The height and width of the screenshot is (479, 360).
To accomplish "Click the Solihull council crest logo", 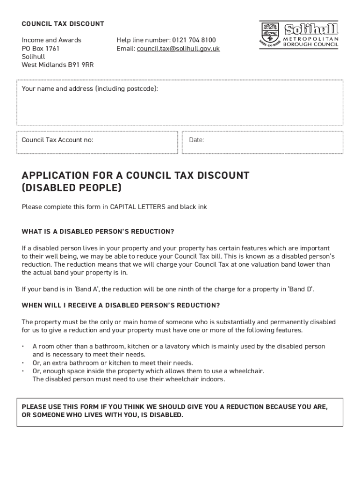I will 270,34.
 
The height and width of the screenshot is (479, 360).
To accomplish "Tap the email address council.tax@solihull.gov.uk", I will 178,49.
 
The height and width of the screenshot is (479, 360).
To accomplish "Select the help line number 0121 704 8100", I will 194,40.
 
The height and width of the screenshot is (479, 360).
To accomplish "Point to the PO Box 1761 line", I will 41,49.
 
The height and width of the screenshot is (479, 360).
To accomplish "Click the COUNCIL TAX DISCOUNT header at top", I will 63,24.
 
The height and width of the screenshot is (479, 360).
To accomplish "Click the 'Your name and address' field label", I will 90,89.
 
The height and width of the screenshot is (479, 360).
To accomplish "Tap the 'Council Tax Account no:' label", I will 58,140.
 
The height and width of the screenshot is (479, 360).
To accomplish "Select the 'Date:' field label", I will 196,140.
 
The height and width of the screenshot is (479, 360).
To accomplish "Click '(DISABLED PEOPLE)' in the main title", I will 72,188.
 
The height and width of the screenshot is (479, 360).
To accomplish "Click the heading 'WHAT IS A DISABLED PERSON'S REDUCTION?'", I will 98,232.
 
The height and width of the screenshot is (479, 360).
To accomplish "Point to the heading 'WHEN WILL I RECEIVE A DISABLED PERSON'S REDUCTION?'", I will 121,305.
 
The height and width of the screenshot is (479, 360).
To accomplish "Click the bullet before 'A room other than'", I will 23,347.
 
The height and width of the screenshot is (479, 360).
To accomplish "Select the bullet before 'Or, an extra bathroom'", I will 23,363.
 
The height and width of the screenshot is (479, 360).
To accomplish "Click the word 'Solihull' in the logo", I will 311,29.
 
